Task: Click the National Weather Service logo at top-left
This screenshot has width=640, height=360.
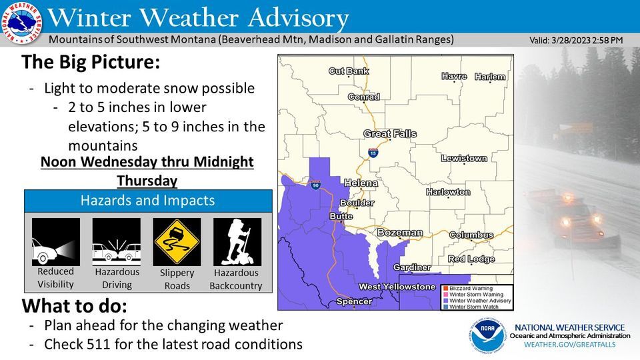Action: [x=21, y=23]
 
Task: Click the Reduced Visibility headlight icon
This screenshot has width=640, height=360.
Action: [x=55, y=242]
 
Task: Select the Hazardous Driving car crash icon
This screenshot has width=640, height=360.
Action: [x=116, y=242]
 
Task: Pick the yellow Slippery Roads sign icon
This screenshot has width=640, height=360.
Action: [x=177, y=242]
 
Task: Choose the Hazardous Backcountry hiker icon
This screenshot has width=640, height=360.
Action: [x=237, y=242]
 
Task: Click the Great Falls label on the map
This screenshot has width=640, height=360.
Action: [x=390, y=134]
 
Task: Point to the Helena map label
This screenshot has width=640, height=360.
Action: [x=361, y=183]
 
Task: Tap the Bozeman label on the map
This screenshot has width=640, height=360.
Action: [x=400, y=233]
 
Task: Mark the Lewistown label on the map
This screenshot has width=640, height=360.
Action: [x=465, y=159]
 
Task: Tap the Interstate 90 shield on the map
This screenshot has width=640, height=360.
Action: [x=315, y=184]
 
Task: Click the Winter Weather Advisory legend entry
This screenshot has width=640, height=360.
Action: [x=480, y=301]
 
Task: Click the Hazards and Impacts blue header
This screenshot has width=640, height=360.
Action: [x=148, y=201]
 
